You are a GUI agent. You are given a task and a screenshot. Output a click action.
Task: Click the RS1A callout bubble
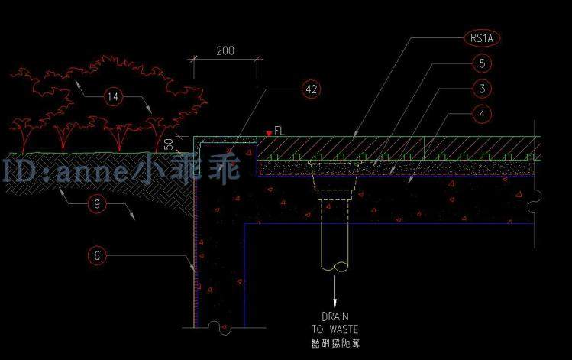[481, 37]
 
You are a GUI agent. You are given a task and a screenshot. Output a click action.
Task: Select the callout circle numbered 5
[481, 63]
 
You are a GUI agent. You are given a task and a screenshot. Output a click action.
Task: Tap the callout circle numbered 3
[481, 89]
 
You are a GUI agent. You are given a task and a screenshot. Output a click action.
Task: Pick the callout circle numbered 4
[481, 115]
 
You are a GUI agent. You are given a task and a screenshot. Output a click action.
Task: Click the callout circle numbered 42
[310, 89]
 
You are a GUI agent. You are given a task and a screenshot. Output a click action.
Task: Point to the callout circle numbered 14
[113, 96]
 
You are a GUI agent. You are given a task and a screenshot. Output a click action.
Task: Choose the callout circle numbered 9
[96, 203]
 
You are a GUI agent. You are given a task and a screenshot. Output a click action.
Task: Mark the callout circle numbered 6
[96, 255]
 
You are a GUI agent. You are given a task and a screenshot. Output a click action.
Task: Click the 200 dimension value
[225, 51]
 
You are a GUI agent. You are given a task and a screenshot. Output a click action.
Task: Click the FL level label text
[279, 131]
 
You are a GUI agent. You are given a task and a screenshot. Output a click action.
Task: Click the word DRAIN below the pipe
[334, 316]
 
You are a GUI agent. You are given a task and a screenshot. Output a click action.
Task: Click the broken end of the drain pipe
[334, 267]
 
